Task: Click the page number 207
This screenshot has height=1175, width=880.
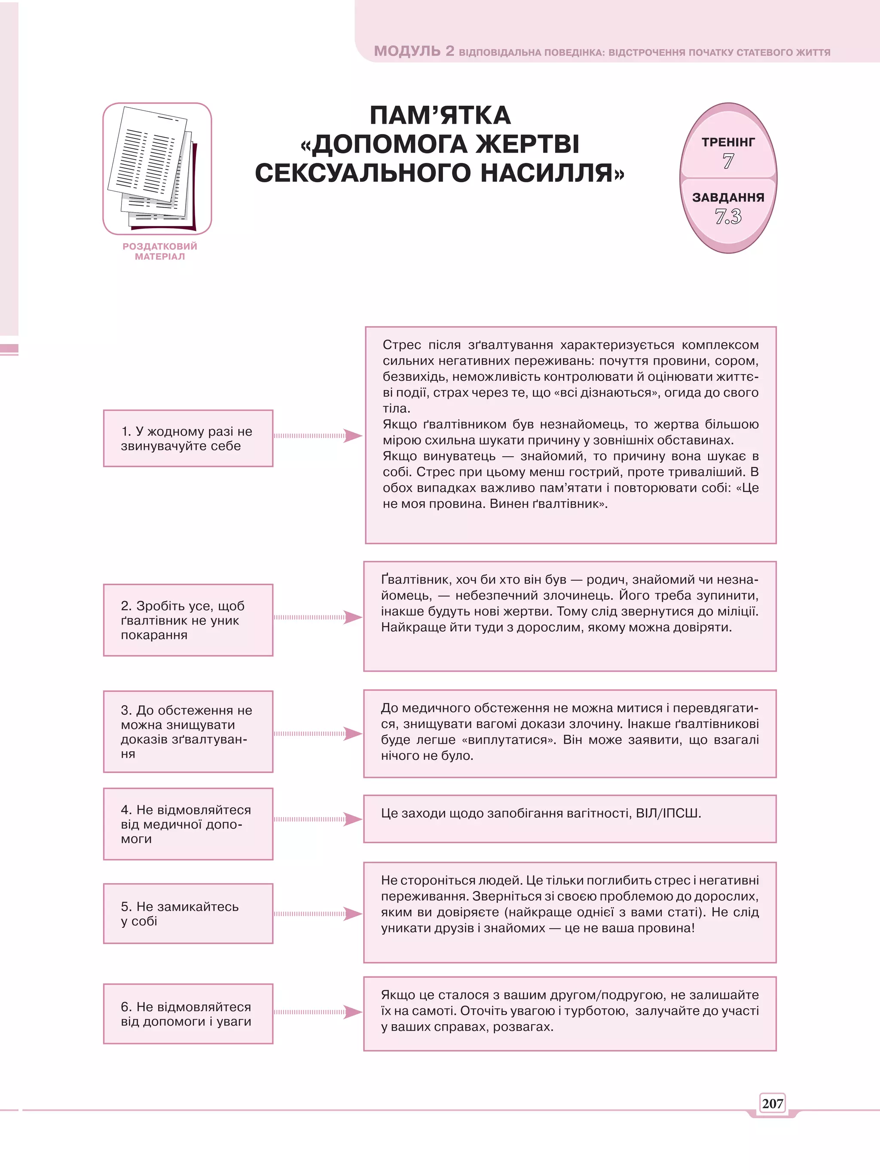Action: (x=772, y=1103)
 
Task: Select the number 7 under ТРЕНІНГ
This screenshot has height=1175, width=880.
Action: (x=728, y=161)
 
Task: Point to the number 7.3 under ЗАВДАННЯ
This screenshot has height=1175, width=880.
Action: (x=728, y=216)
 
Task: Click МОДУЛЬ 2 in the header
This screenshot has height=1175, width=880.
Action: (x=414, y=51)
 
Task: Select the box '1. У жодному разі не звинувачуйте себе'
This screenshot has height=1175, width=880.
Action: (x=188, y=438)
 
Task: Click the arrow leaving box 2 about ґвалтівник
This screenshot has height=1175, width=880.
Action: (x=318, y=617)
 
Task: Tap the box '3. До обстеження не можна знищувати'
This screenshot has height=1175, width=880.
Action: (x=188, y=731)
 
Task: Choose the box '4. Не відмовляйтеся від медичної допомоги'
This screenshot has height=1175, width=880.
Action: (x=188, y=824)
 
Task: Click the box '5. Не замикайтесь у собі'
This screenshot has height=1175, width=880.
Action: (x=188, y=914)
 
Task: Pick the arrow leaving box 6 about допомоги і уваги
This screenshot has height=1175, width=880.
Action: (x=318, y=1012)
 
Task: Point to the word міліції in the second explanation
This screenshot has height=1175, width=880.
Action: (x=736, y=612)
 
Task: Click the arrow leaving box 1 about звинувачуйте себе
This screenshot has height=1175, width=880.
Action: (x=318, y=436)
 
